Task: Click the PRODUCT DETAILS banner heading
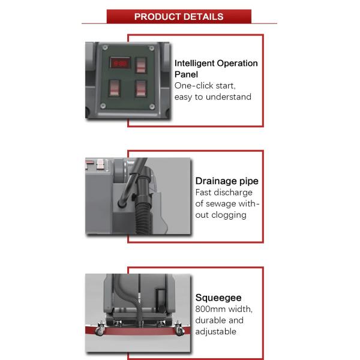179,17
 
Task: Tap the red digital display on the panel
120,63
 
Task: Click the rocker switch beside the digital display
141,65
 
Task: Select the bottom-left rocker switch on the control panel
115,88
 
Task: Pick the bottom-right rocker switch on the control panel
141,88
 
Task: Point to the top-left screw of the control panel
105,48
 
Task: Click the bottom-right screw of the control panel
152,106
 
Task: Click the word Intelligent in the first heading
194,64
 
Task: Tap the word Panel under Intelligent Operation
186,74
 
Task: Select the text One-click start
205,86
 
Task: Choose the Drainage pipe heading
227,181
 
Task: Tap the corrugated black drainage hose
143,214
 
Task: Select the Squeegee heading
218,298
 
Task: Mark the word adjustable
215,332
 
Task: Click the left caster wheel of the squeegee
100,331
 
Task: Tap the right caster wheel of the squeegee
179,330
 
